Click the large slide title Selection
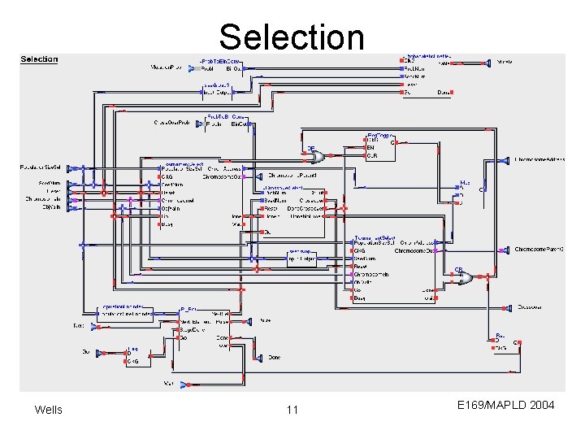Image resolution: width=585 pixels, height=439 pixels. (292, 37)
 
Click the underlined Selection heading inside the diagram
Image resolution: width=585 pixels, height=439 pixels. (39, 59)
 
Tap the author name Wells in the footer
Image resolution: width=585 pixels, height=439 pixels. (48, 409)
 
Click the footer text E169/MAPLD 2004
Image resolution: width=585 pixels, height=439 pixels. (505, 404)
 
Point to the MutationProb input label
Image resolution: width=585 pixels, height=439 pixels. (167, 68)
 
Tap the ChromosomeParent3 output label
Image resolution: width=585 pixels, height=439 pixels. (539, 249)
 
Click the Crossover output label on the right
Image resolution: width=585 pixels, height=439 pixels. (531, 307)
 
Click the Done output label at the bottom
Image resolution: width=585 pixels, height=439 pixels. (275, 358)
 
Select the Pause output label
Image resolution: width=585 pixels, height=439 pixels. (266, 321)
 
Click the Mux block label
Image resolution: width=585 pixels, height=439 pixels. (465, 183)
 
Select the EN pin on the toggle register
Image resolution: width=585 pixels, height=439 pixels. (371, 147)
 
